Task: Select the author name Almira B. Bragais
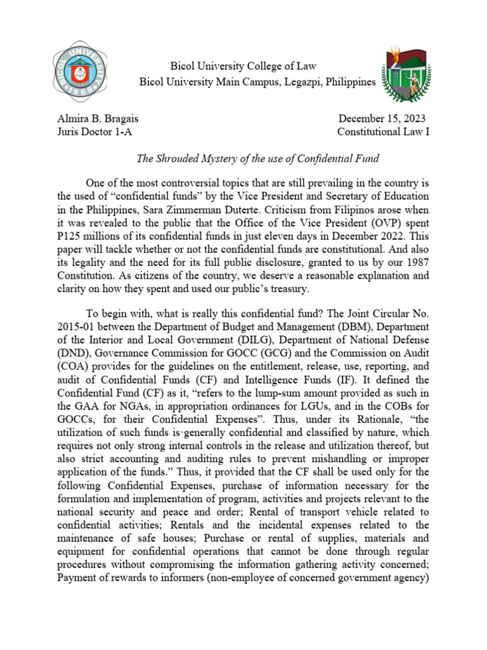pyautogui.click(x=98, y=119)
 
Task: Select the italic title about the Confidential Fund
pyautogui.click(x=243, y=157)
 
